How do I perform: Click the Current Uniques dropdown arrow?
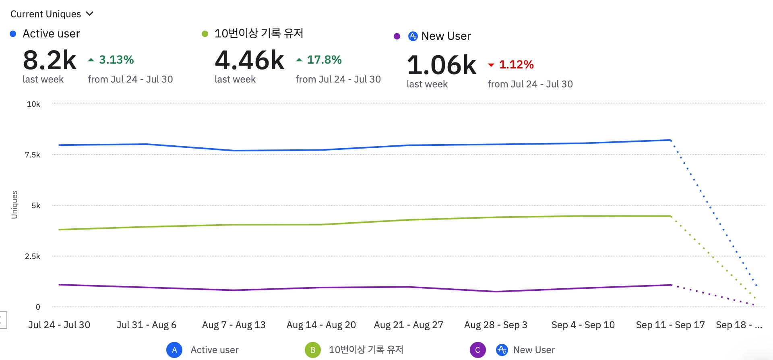coord(90,14)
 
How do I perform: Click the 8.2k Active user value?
coord(50,60)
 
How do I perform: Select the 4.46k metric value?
coord(250,60)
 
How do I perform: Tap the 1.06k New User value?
coord(442,65)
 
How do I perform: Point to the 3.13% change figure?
coord(116,60)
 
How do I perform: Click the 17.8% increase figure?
coord(324,60)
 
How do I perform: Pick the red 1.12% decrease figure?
coord(516,64)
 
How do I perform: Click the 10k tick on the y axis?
coord(33,104)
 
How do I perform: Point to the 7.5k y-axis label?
coord(33,155)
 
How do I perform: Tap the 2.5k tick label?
coord(33,257)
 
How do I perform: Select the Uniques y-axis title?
coord(14,205)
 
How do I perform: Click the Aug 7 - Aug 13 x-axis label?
coord(234,325)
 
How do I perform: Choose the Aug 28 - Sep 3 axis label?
coord(496,325)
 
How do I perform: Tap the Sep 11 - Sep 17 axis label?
coord(670,325)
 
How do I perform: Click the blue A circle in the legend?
coord(174,350)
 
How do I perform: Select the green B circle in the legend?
coord(313,350)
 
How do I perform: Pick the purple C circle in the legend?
coord(477,350)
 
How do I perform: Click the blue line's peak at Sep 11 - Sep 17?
coord(670,140)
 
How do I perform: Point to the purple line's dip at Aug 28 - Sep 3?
coord(496,292)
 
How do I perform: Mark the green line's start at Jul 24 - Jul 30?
coord(60,230)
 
